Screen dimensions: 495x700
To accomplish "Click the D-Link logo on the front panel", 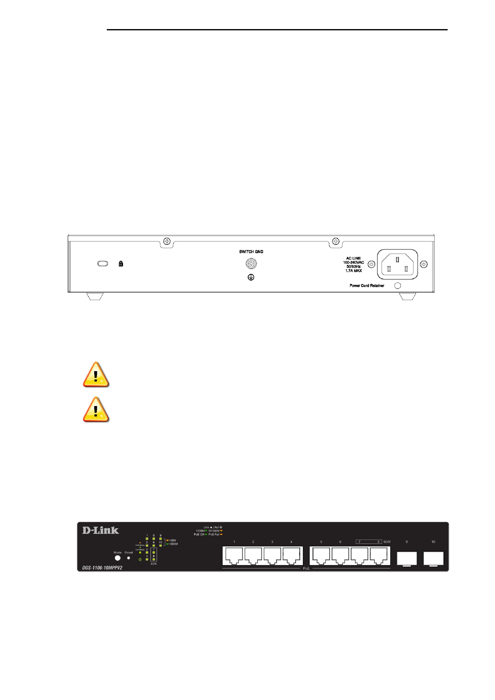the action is click(101, 530).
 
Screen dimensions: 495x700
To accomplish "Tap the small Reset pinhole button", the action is click(128, 558).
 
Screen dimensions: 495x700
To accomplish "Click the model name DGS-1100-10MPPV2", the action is click(102, 568).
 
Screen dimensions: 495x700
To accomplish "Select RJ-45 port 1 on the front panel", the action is click(234, 555).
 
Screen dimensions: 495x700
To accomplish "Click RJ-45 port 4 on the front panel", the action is click(291, 555).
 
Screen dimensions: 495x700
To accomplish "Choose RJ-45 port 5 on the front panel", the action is click(321, 555).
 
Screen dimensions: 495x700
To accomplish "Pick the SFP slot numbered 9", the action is click(407, 558).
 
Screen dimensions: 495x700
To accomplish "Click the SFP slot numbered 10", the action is click(433, 558).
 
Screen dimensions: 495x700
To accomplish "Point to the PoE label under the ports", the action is click(306, 569).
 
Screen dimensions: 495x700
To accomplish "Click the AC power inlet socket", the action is click(397, 264).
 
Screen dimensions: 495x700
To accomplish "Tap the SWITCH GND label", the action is click(251, 252).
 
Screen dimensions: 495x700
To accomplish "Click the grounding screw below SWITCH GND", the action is click(251, 264).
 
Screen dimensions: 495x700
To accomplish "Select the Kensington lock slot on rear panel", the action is click(103, 264).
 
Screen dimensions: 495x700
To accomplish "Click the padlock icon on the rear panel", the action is click(121, 264).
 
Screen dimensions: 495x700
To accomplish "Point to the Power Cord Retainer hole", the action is click(397, 286).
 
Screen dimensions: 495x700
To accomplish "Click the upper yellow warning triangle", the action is click(96, 375).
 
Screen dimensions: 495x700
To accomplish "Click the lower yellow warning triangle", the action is click(96, 410).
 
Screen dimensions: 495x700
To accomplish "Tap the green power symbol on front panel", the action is click(140, 560).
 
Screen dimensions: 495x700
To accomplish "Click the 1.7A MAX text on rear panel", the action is click(354, 271).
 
